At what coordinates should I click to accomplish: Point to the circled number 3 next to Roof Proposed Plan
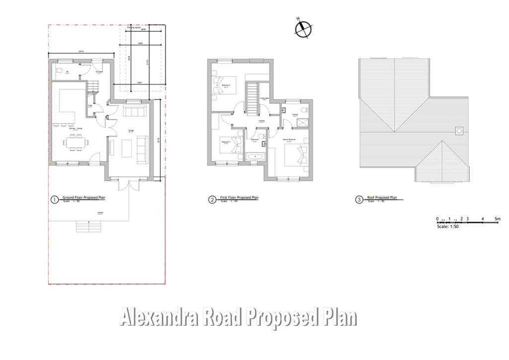(x=359, y=200)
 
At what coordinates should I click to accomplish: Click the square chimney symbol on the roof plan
(x=459, y=131)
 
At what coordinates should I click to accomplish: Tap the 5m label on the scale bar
(x=498, y=219)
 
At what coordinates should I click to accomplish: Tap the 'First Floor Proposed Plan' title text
(x=241, y=197)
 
